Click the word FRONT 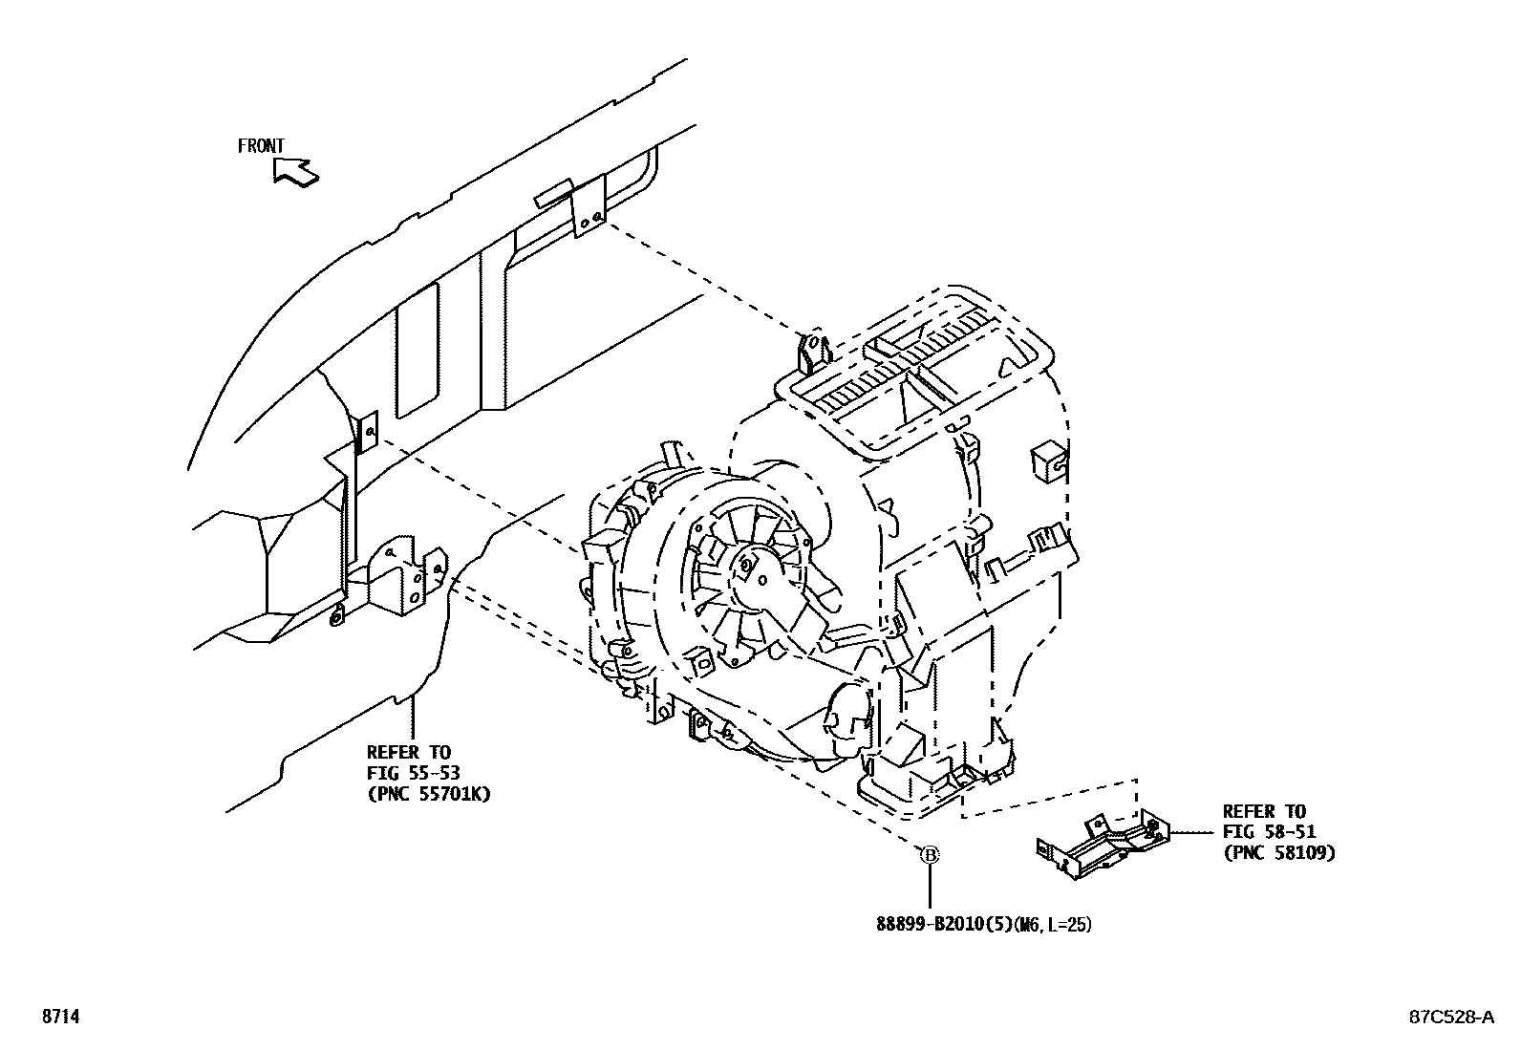click(x=261, y=146)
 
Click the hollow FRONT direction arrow click(x=294, y=172)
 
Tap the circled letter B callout click(x=929, y=855)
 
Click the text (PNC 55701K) click(x=428, y=793)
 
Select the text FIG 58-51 click(x=1269, y=832)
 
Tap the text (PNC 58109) click(x=1278, y=852)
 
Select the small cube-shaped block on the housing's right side click(x=1048, y=460)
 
